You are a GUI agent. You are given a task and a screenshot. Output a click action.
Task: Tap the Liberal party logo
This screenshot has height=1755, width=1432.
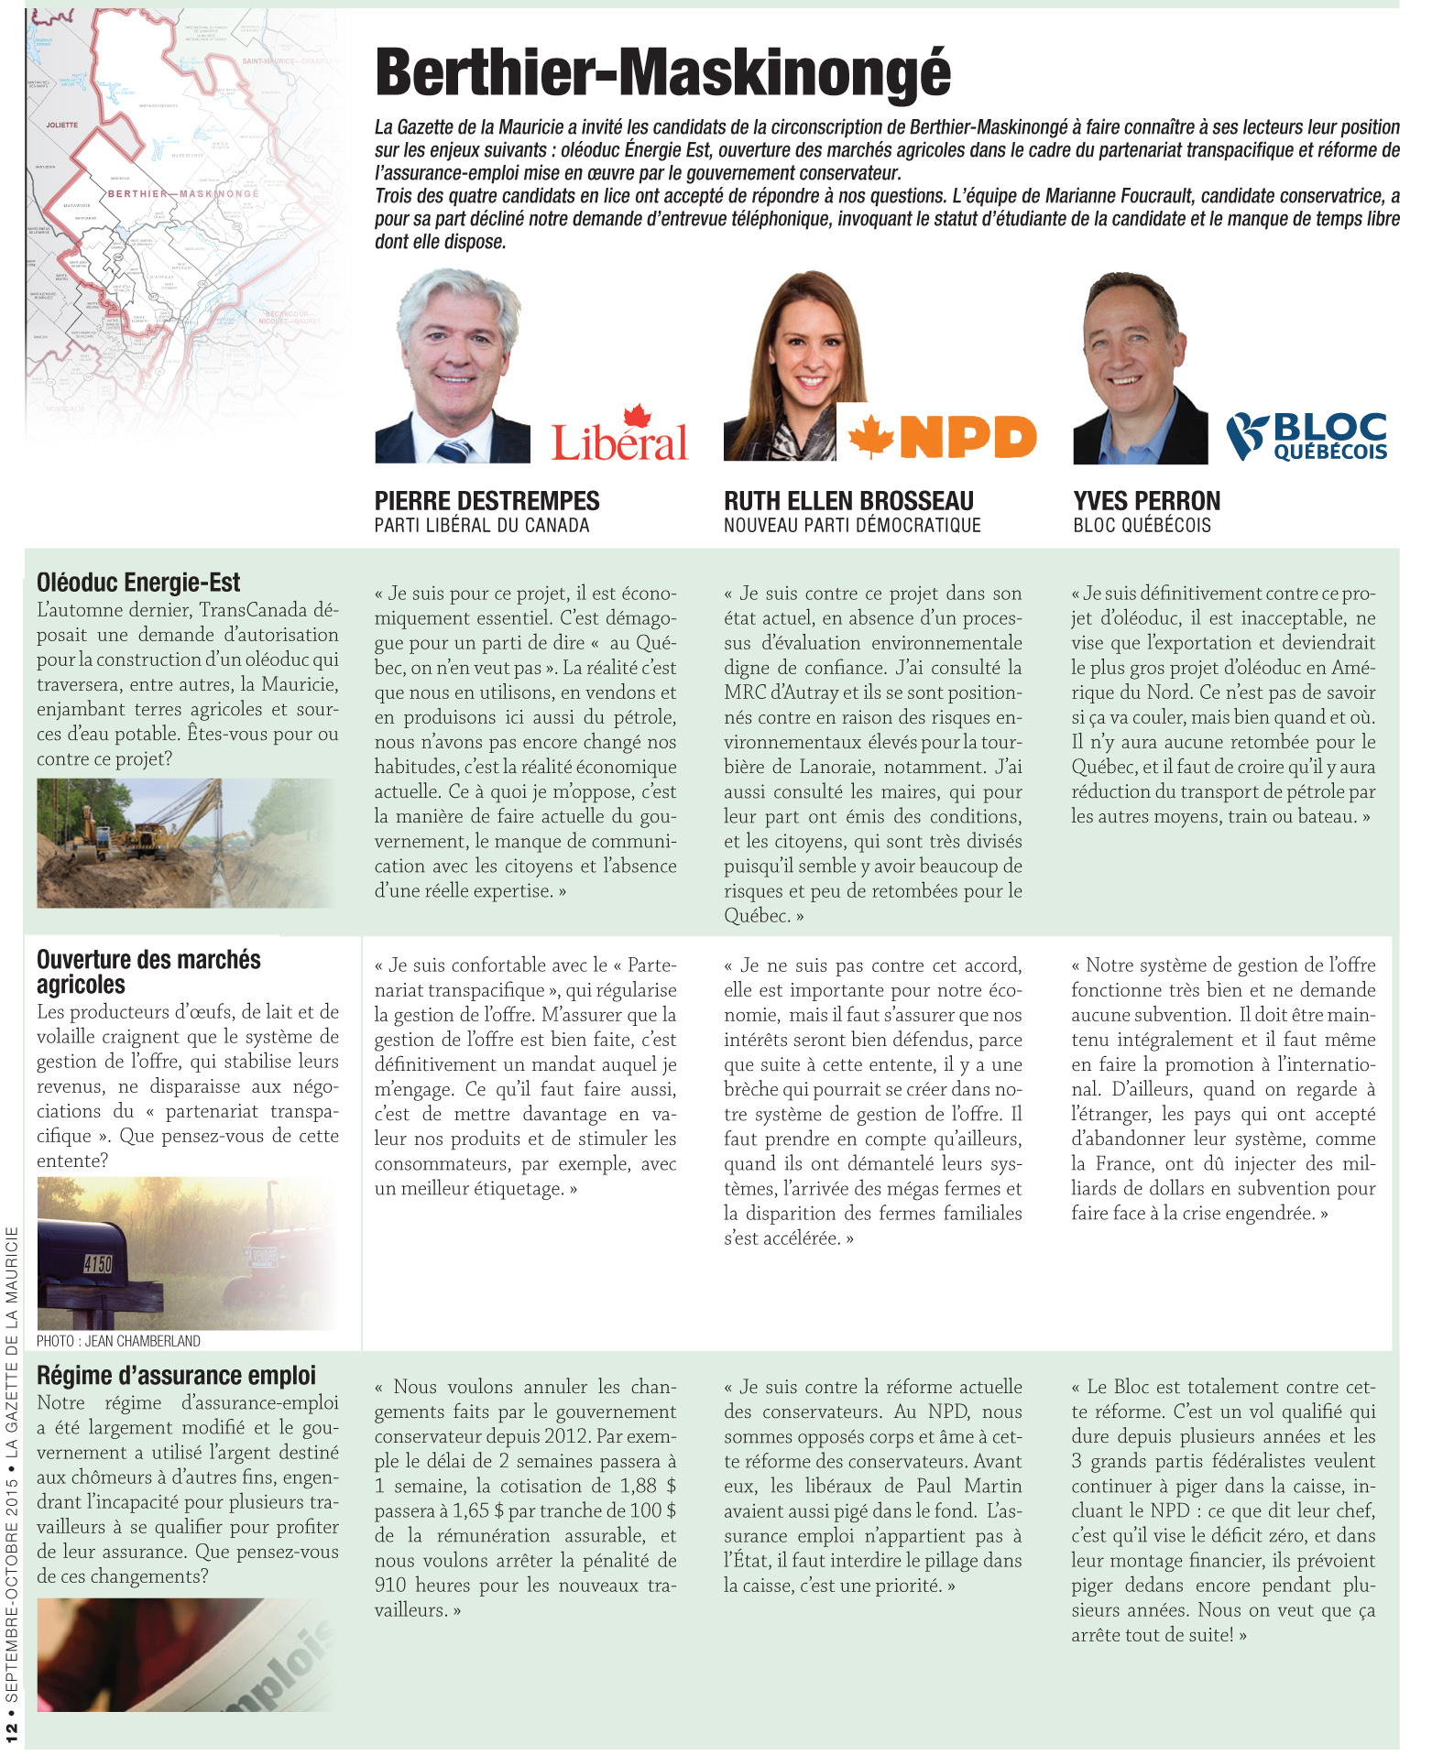[x=619, y=435]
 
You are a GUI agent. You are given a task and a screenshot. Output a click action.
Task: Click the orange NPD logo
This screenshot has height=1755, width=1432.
[x=943, y=436]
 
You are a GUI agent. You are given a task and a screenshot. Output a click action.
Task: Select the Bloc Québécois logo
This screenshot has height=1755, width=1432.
[x=1307, y=436]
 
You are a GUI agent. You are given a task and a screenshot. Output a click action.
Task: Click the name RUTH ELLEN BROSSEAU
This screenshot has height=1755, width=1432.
[x=848, y=501]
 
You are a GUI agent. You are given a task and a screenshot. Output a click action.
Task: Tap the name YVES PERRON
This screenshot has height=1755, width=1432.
[x=1146, y=501]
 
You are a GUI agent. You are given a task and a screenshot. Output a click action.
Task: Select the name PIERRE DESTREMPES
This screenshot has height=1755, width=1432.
[x=486, y=501]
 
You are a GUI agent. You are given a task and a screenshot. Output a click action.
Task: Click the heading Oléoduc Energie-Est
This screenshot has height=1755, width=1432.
[x=138, y=583]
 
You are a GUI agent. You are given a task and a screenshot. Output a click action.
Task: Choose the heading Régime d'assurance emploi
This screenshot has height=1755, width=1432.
[x=176, y=1375]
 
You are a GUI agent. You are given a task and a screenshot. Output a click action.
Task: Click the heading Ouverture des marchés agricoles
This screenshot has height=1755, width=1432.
[x=148, y=972]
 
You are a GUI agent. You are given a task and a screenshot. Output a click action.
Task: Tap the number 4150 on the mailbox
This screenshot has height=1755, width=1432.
[x=97, y=1265]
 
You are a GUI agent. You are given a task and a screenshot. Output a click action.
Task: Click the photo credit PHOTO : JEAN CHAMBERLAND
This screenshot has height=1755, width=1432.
[x=118, y=1341]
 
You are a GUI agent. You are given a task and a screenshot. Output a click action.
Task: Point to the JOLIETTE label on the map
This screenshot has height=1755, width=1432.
[x=62, y=125]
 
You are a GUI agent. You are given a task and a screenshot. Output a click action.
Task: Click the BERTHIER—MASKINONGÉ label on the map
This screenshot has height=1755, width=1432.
[x=183, y=194]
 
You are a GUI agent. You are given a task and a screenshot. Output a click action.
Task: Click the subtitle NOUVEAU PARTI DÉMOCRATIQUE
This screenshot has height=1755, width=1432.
[x=852, y=526]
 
